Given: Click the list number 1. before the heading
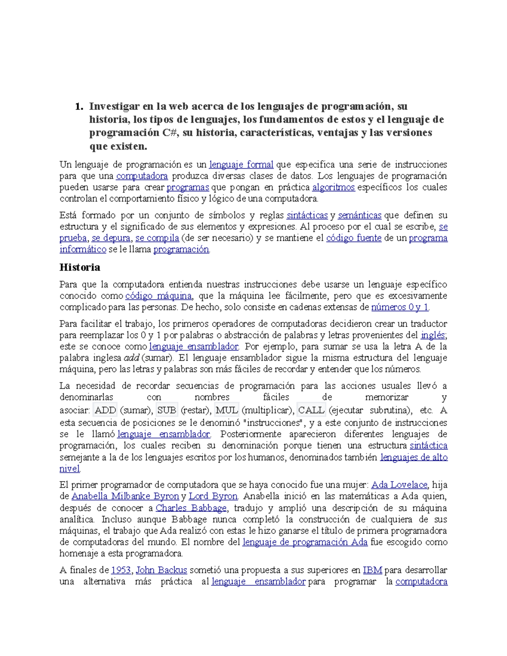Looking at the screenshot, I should click(79, 106).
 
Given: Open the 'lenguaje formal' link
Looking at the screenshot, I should click(241, 164).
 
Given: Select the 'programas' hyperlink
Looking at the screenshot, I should click(188, 187).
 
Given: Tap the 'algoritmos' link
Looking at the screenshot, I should click(333, 187).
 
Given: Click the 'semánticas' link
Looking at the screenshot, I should click(360, 215).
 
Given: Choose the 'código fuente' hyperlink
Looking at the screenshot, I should click(354, 238).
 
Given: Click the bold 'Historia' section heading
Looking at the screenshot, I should click(80, 267).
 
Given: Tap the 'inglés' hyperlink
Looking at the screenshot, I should click(433, 335).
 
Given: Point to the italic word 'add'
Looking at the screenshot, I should click(131, 358).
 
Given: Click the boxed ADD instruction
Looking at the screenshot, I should click(105, 410).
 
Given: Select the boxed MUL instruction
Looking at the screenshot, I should click(227, 410).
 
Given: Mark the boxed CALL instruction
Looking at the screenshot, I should click(311, 410).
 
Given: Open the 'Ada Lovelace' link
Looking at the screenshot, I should click(399, 485).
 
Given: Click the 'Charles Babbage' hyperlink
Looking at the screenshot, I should click(191, 508).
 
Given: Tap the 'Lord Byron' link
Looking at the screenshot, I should click(213, 496).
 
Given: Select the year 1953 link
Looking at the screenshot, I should click(121, 570).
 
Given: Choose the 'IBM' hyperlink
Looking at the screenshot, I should click(372, 570).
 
